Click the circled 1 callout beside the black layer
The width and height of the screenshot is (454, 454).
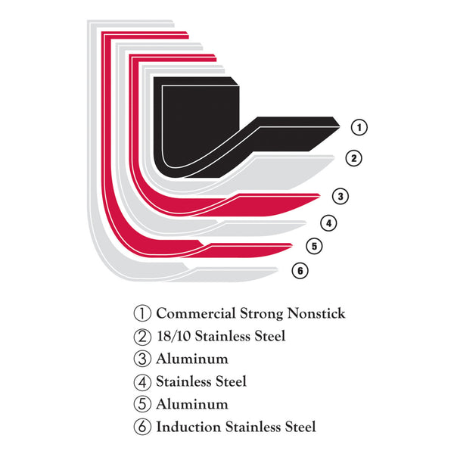click(359, 127)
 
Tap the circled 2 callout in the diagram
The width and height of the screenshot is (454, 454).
click(354, 158)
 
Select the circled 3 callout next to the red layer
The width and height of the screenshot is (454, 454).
click(340, 196)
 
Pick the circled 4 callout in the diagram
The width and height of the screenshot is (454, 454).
click(328, 223)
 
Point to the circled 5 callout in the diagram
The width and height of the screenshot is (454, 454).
click(314, 247)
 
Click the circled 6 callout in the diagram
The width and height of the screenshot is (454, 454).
click(300, 271)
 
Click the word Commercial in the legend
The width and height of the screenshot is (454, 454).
click(196, 313)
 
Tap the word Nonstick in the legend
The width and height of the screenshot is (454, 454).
click(316, 313)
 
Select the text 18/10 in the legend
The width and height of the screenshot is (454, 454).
click(174, 336)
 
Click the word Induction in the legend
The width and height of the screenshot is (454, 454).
click(188, 427)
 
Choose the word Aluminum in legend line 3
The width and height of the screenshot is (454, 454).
click(192, 359)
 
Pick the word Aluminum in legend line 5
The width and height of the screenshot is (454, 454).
click(192, 404)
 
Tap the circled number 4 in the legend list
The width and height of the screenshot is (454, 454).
click(142, 382)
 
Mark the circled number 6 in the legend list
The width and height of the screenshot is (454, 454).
click(142, 427)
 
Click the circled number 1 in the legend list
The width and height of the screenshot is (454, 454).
click(142, 313)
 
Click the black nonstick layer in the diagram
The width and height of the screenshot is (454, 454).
click(200, 127)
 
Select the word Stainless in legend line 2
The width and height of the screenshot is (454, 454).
click(222, 336)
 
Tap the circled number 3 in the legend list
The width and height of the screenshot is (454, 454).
click(142, 359)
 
